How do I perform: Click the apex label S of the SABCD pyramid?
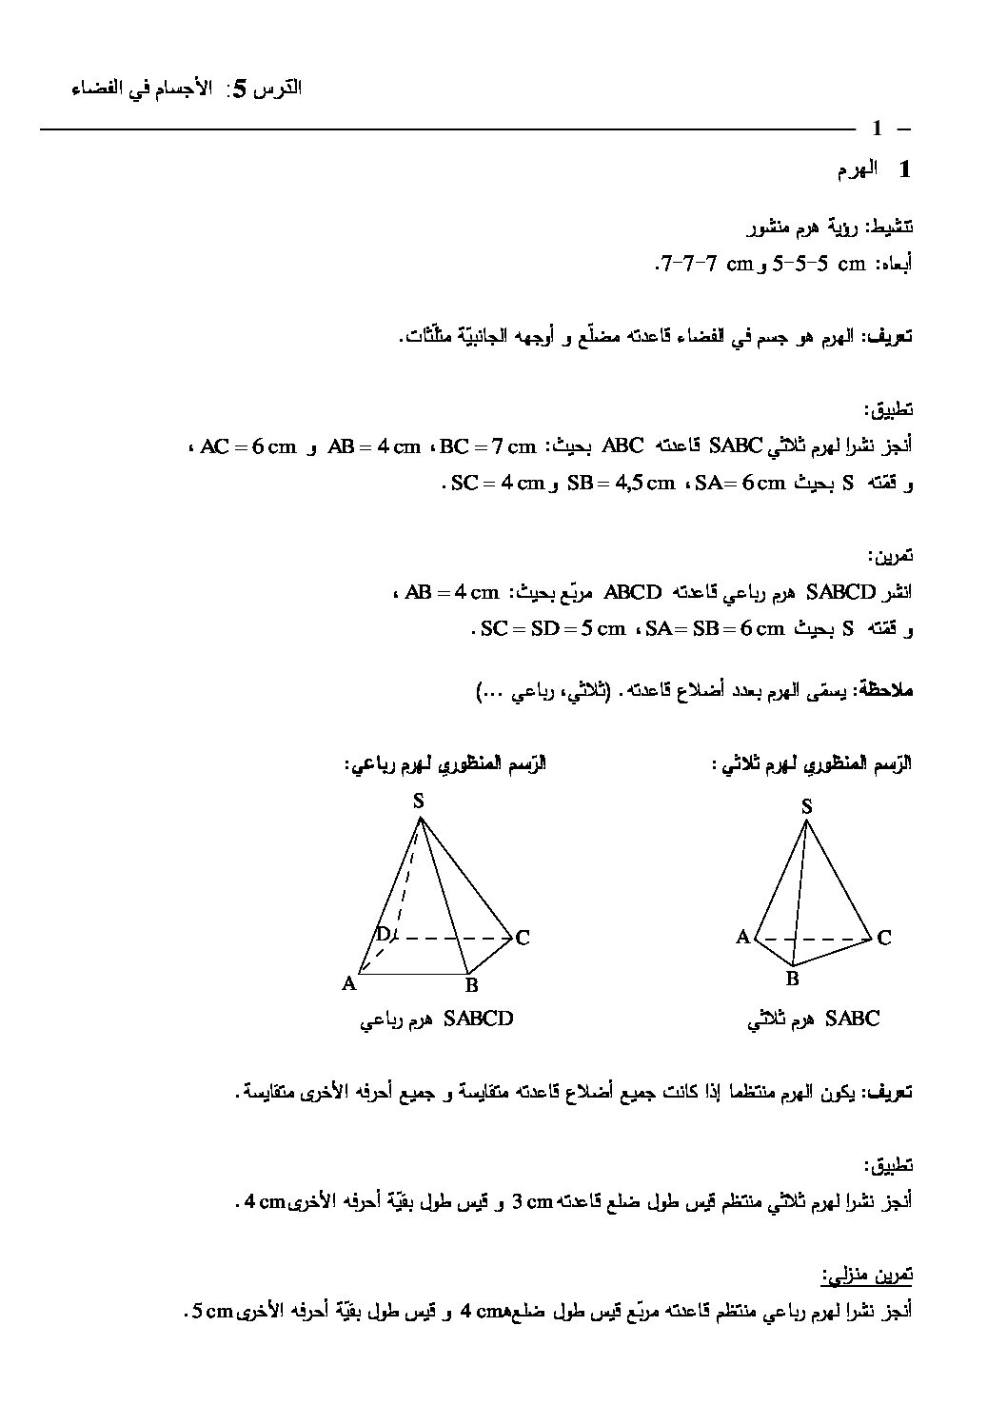[x=418, y=802]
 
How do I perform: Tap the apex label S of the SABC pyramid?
[x=806, y=807]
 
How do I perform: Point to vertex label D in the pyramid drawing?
[x=383, y=934]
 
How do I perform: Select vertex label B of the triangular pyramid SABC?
[x=791, y=978]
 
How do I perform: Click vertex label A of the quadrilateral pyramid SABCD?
[x=349, y=984]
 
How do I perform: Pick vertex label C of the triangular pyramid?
[x=883, y=938]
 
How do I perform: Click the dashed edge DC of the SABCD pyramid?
[x=452, y=939]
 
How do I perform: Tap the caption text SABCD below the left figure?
[x=478, y=1019]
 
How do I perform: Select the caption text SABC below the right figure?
[x=853, y=1019]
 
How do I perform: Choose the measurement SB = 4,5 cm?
[x=620, y=483]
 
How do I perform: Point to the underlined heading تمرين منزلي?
[x=867, y=1274]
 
